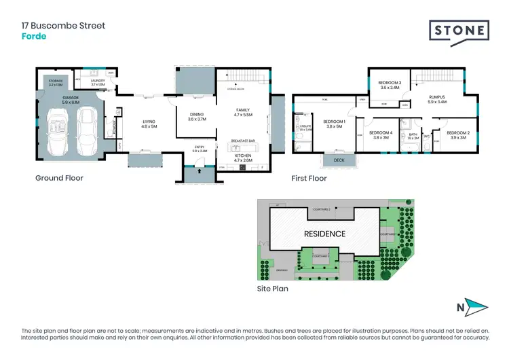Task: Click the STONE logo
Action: click(x=459, y=31)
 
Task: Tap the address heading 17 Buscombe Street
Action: click(x=63, y=26)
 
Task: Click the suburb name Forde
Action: click(x=33, y=36)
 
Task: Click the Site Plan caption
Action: click(x=272, y=289)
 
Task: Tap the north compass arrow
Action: click(x=478, y=308)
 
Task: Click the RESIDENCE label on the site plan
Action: click(x=324, y=234)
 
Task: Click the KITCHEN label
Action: click(x=242, y=156)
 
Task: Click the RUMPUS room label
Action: click(x=437, y=97)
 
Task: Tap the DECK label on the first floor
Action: click(x=334, y=160)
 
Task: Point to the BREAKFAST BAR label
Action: click(x=242, y=141)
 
